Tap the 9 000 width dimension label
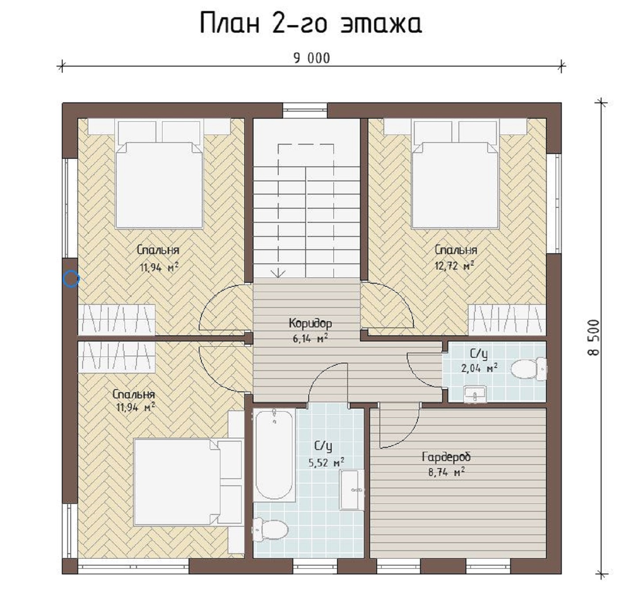coord(312,59)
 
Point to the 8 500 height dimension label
coord(594,338)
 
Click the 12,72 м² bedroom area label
coord(454,266)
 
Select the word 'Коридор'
coord(310,323)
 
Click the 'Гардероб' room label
coord(446,457)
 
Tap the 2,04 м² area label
coord(479,368)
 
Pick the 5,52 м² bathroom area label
coord(326,463)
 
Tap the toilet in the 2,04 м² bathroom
coord(529,369)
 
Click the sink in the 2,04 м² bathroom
coord(475,394)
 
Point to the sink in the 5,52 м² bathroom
coord(352,490)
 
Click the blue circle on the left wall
coord(71,278)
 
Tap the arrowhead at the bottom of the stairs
coord(278,274)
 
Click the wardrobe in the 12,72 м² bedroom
coord(507,319)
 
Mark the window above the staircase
coord(305,111)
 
